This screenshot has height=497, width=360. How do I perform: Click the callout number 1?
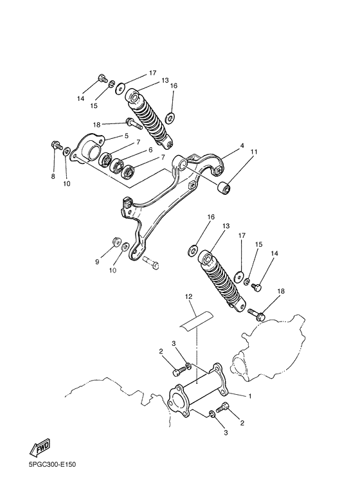(251, 396)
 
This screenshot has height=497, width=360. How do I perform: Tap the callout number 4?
(242, 146)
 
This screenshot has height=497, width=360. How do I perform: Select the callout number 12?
(188, 296)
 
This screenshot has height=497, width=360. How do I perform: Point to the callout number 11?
(255, 152)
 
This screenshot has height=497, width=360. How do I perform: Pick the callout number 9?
(98, 262)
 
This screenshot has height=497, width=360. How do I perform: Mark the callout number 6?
(150, 150)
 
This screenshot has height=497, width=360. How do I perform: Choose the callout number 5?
(127, 136)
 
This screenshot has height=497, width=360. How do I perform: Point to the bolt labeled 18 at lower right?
(256, 313)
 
